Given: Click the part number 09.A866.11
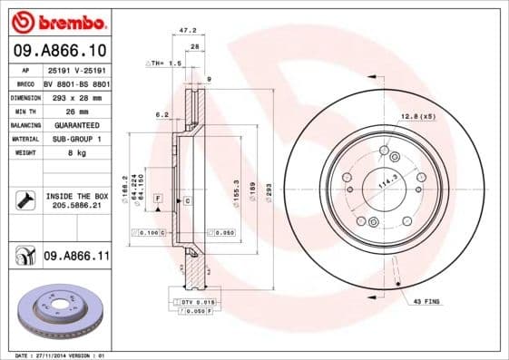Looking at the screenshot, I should [76, 258].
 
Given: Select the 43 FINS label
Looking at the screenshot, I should [426, 301].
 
